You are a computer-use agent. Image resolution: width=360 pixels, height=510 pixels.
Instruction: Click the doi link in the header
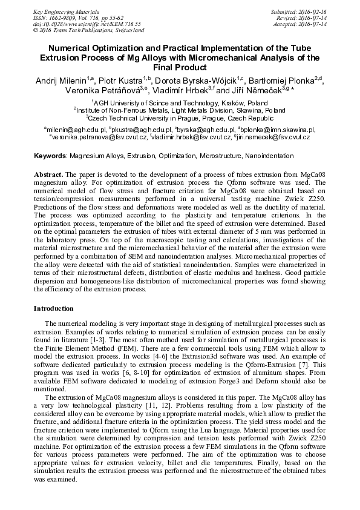[74, 24]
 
